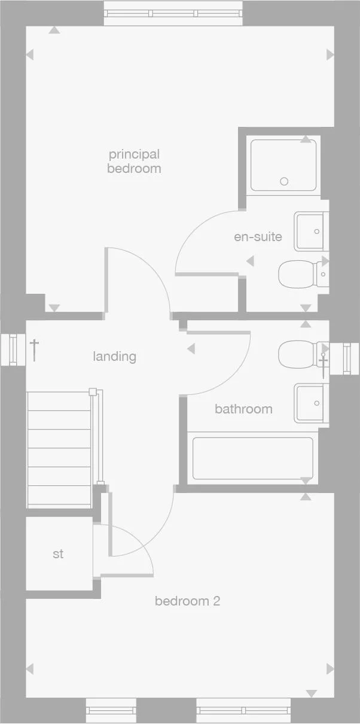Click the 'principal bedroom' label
point(134,162)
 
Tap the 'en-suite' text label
point(258,236)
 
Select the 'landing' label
point(114,357)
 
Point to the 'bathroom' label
point(243,409)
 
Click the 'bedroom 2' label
point(187,601)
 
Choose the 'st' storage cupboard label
point(58,554)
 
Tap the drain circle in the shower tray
point(285,181)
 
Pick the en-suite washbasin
point(311,231)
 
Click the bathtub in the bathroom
point(252,459)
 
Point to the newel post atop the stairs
point(93,392)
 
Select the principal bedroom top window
point(173,14)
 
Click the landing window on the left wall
point(13,349)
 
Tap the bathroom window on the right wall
point(346,358)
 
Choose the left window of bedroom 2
point(111,710)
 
